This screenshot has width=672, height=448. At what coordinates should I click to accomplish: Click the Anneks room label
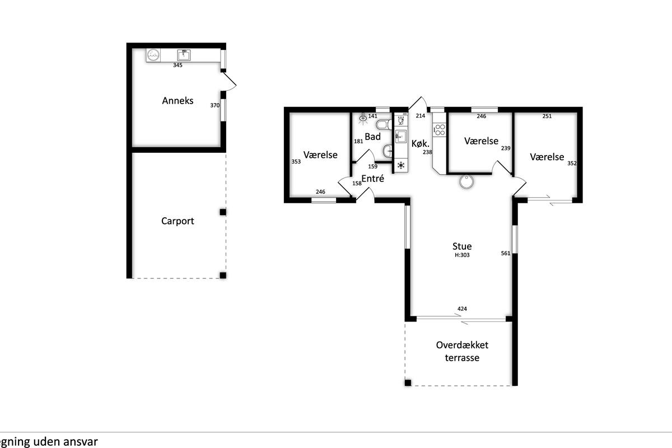point(178,101)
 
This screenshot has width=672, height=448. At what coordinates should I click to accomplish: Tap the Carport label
point(178,221)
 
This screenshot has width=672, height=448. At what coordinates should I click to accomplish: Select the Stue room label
point(462,246)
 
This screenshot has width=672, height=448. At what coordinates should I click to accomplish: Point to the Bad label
point(372,137)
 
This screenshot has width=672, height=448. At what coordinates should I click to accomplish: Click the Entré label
point(372,179)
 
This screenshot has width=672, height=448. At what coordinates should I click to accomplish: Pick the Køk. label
point(421,143)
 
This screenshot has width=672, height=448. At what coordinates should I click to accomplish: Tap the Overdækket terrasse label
point(462,351)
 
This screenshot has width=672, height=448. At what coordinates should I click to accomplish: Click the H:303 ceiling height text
point(462,255)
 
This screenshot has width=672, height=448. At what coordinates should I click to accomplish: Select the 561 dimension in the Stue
point(506,253)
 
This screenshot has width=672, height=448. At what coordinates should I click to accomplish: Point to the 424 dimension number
point(462,309)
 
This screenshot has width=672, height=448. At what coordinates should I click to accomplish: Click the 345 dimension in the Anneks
point(178,65)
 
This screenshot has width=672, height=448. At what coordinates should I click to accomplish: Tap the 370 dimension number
point(215,105)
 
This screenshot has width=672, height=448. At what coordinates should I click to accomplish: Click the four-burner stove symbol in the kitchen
point(440,130)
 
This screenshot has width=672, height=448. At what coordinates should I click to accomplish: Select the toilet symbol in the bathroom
point(384,124)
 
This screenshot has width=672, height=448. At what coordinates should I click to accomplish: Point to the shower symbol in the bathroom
point(363,119)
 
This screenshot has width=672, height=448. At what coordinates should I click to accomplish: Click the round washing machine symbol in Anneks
point(153,55)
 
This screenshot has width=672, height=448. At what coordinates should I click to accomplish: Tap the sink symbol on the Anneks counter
point(184,55)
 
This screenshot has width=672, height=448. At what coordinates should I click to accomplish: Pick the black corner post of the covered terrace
point(408,382)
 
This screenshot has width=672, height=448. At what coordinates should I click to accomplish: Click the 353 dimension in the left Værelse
point(296,161)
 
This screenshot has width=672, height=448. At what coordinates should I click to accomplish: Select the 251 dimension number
point(547,116)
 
